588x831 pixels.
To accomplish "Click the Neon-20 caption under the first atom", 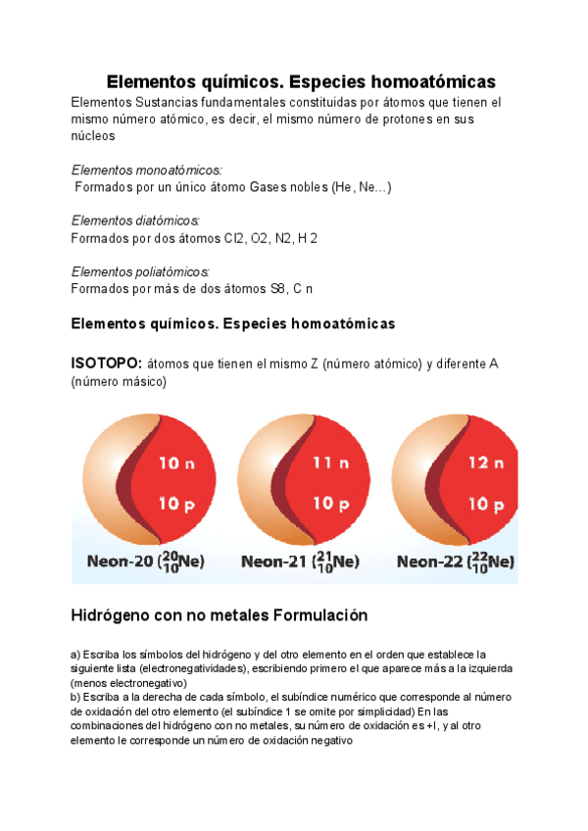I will (141, 562).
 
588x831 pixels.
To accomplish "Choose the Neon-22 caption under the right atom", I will (456, 562).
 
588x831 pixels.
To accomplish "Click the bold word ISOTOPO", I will (107, 364).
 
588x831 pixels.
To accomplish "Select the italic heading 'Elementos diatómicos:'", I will (136, 221).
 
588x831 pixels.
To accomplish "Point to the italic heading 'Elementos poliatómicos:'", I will (141, 271).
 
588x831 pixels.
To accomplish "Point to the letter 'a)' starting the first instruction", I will (75, 654).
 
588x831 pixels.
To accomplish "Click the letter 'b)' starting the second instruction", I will (75, 697).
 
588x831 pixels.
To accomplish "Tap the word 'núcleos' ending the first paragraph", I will (95, 136).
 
